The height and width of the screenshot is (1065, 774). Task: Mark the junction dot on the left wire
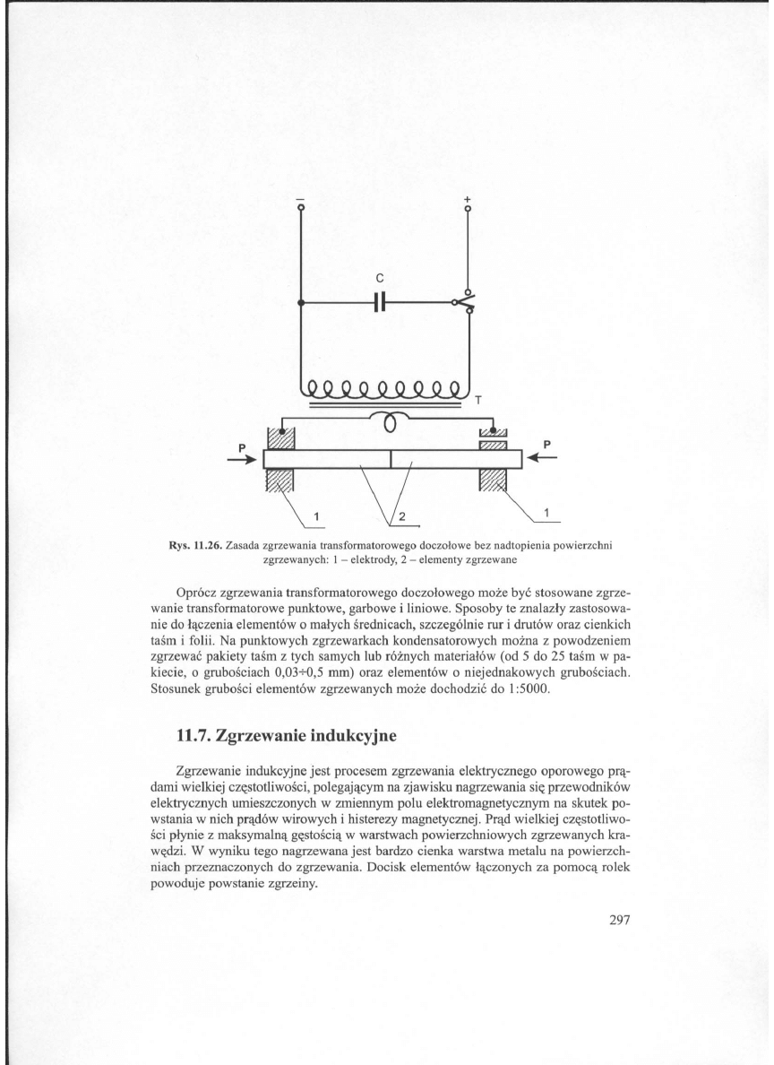tap(301, 303)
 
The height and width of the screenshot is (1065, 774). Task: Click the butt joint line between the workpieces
tap(391, 459)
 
